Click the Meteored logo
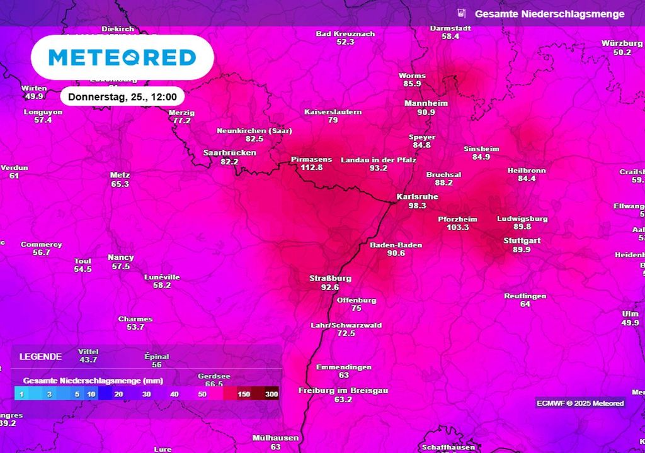(x=122, y=58)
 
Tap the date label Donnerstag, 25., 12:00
(x=122, y=98)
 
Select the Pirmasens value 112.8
(x=311, y=167)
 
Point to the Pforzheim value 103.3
(x=458, y=227)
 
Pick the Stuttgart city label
(x=522, y=241)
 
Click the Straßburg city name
(x=330, y=278)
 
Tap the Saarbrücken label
(x=229, y=153)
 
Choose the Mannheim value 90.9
(x=426, y=112)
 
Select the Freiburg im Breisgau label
(x=343, y=391)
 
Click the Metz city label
(x=120, y=175)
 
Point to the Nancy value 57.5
(x=120, y=266)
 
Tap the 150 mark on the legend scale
(x=244, y=394)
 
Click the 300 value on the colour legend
(x=271, y=394)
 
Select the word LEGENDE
(x=40, y=357)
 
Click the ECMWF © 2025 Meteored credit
(x=580, y=403)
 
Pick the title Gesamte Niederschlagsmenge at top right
(x=550, y=14)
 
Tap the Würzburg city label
(x=622, y=43)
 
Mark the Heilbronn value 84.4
(x=527, y=179)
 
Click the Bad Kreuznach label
(x=345, y=33)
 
